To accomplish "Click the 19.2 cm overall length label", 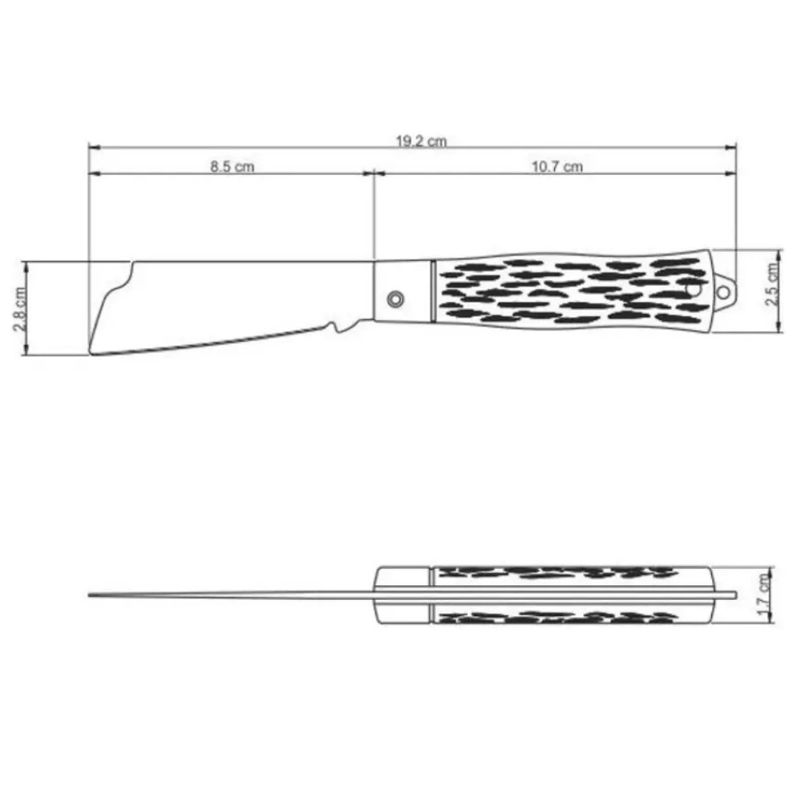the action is (x=422, y=141).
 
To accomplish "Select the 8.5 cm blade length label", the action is (x=232, y=167).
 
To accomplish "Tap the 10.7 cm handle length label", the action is (x=557, y=167).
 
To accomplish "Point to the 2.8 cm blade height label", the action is (x=19, y=309).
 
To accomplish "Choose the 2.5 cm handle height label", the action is (x=772, y=284).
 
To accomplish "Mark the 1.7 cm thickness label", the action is (x=764, y=595).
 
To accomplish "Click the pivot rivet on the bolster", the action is (x=396, y=299).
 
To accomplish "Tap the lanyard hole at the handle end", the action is (x=723, y=293).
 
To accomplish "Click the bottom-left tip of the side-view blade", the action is (x=91, y=352).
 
